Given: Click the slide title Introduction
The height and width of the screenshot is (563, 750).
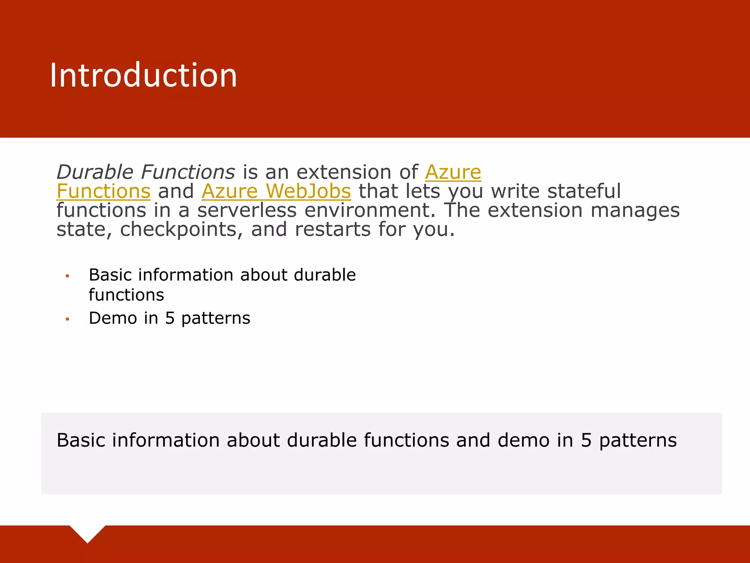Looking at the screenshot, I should pyautogui.click(x=143, y=76).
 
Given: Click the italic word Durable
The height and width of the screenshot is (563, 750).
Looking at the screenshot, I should pyautogui.click(x=95, y=172).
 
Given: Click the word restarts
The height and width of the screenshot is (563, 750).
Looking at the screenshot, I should pyautogui.click(x=333, y=229).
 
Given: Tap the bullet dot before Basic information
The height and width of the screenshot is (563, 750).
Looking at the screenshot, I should pyautogui.click(x=67, y=276).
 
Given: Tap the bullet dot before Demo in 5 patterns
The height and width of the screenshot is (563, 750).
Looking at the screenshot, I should pyautogui.click(x=67, y=319).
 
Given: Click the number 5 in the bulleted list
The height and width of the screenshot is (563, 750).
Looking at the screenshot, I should pyautogui.click(x=170, y=318).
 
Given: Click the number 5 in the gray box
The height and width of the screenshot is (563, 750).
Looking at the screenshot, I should pyautogui.click(x=586, y=440).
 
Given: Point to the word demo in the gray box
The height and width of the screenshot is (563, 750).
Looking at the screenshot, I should pyautogui.click(x=523, y=440).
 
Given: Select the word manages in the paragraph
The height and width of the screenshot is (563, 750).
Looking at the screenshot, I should pyautogui.click(x=635, y=210).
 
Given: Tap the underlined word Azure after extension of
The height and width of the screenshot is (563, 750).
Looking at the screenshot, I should pyautogui.click(x=453, y=172).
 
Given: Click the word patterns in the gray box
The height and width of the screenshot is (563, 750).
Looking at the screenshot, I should pyautogui.click(x=638, y=440).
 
